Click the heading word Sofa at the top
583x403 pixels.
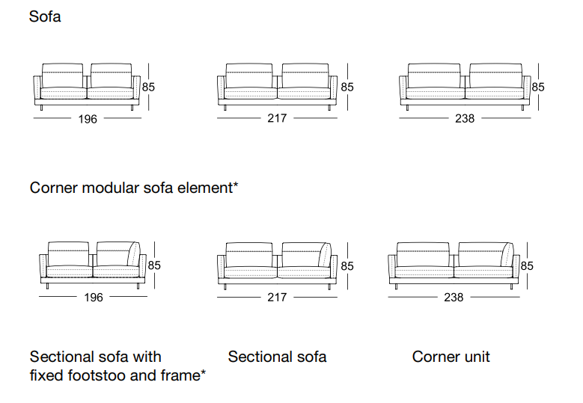click(45, 16)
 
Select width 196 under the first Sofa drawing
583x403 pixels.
click(88, 119)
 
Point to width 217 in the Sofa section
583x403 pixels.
click(277, 118)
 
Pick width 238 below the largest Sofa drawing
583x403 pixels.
click(465, 118)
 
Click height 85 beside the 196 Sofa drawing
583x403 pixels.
click(148, 87)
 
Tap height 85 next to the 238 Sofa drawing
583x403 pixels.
click(538, 87)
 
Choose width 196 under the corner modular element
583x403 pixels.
click(94, 298)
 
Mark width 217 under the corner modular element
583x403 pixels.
click(277, 298)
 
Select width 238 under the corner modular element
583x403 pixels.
click(454, 298)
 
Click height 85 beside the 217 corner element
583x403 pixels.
click(347, 266)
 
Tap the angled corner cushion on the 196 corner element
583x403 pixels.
click(134, 254)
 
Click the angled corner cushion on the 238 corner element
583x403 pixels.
click(507, 254)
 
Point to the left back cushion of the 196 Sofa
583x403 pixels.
click(62, 76)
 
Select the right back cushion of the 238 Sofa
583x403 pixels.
click(495, 76)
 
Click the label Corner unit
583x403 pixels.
click(451, 357)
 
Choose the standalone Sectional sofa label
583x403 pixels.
click(278, 357)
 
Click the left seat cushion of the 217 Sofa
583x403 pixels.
click(250, 93)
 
